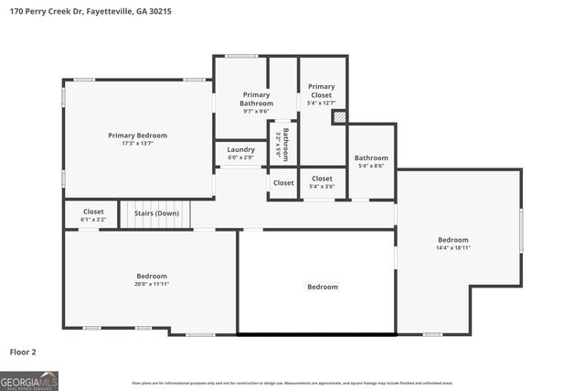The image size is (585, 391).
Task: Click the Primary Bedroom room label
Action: pos(137,136)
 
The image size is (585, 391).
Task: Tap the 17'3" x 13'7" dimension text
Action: pos(137,144)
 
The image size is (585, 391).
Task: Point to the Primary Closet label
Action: pos(322,91)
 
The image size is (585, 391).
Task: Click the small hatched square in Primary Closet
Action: pos(339,116)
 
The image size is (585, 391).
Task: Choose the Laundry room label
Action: pos(240,149)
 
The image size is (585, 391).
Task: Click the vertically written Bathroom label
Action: pos(285,143)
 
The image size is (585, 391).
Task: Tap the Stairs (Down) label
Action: pos(156,213)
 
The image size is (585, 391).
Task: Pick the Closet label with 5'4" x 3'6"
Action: pos(322,179)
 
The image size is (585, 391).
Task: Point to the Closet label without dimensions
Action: pos(283,183)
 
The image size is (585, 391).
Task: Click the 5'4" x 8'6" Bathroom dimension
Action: pos(371,166)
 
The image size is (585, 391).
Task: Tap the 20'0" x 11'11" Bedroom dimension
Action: pos(152,284)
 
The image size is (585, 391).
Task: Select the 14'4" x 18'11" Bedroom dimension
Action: pos(452,247)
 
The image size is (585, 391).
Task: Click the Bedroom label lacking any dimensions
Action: pos(322,287)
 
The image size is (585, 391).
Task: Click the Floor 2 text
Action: pos(24,352)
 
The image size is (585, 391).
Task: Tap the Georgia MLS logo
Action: pos(29,380)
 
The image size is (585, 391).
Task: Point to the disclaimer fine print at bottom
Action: pos(292,383)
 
